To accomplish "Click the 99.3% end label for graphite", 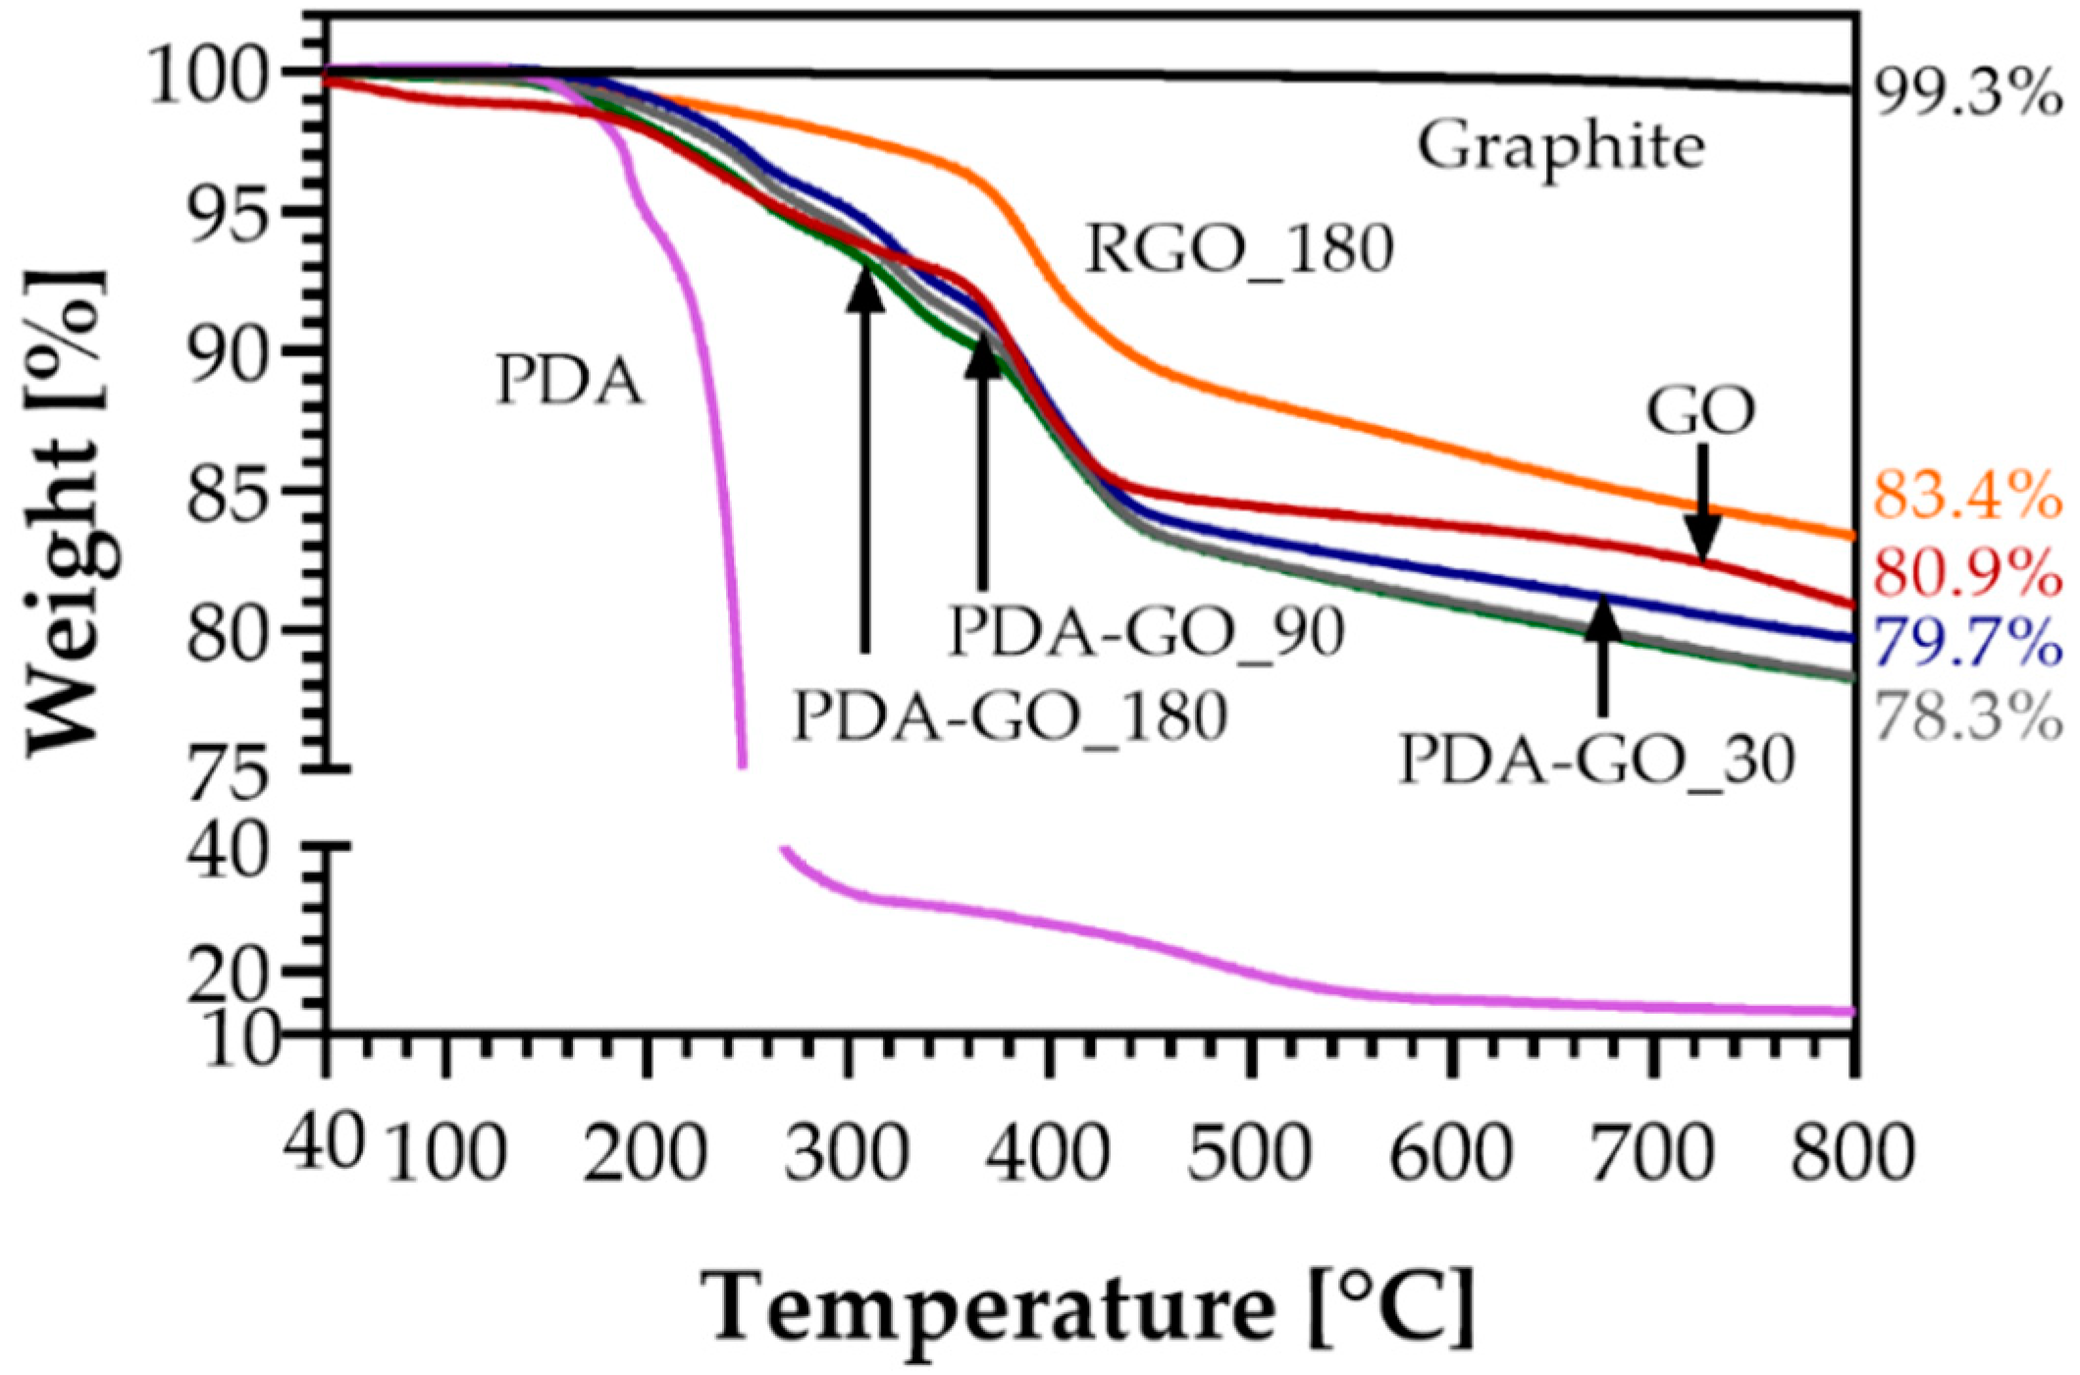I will pyautogui.click(x=1967, y=96).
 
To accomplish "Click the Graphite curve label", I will pyautogui.click(x=1560, y=147).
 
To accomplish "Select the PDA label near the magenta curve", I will pyautogui.click(x=569, y=381).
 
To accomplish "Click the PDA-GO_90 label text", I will pyautogui.click(x=1146, y=631).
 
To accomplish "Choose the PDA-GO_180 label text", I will pyautogui.click(x=1010, y=715).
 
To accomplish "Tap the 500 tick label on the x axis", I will pyautogui.click(x=1249, y=1152).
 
